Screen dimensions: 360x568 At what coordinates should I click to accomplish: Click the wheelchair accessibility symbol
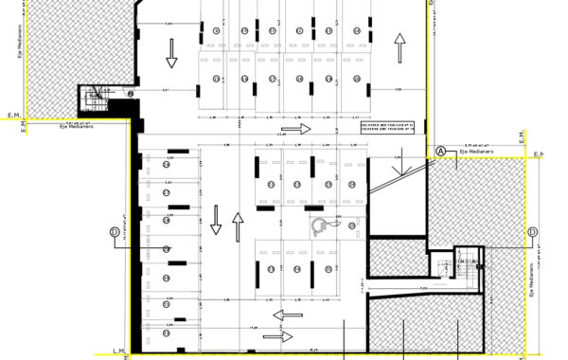click(x=321, y=225)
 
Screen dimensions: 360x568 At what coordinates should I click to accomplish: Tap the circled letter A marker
click(x=440, y=151)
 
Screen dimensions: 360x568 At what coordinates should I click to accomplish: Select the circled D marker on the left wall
click(x=114, y=231)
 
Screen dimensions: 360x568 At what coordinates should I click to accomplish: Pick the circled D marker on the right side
click(x=531, y=232)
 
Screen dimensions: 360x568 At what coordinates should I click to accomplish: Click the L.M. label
click(x=118, y=351)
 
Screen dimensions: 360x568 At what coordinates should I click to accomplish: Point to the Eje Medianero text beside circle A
click(x=472, y=151)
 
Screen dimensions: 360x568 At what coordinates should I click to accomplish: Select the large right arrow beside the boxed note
click(x=296, y=127)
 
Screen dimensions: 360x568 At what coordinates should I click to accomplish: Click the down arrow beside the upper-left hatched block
click(x=171, y=54)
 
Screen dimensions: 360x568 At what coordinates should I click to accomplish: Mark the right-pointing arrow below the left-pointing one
click(x=277, y=335)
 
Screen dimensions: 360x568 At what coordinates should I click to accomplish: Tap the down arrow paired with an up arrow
click(x=216, y=221)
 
